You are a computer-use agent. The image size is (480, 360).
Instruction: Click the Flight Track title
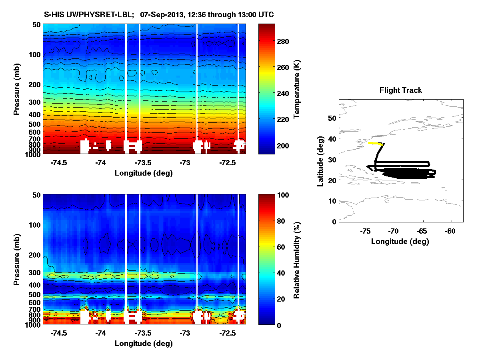pos(400,90)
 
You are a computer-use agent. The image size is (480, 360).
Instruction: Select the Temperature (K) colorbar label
pos(297,89)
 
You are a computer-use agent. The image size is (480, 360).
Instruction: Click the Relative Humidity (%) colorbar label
pos(297,260)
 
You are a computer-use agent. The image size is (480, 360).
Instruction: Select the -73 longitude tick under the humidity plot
pos(185,333)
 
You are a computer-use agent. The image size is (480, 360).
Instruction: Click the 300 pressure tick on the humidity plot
pos(35,273)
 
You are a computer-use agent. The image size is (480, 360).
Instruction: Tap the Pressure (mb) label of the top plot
pos(17,89)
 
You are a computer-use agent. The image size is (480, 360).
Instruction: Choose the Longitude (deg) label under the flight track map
pos(400,241)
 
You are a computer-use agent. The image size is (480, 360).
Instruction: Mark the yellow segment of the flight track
pos(374,143)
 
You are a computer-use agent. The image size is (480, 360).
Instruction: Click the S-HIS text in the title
pos(53,15)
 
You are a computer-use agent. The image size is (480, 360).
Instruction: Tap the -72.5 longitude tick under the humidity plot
pos(227,333)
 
